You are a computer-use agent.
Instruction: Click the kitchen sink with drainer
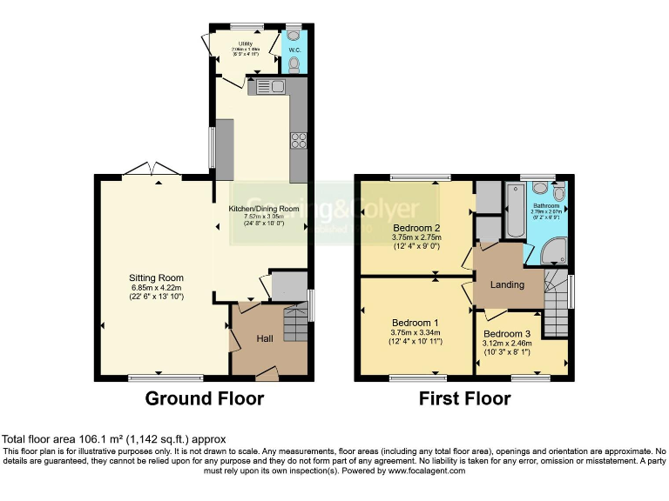[x=267, y=86]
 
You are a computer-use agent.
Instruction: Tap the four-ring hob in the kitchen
[x=299, y=140]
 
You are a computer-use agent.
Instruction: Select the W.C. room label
[x=294, y=50]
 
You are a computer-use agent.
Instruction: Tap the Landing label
[x=507, y=284]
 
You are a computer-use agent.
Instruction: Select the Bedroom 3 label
[x=506, y=334]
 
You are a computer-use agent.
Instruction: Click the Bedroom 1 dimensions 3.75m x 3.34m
[x=416, y=331]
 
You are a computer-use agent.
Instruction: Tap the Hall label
[x=267, y=338]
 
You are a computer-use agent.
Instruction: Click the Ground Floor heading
[x=204, y=399]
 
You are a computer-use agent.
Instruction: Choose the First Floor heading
[x=465, y=399]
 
